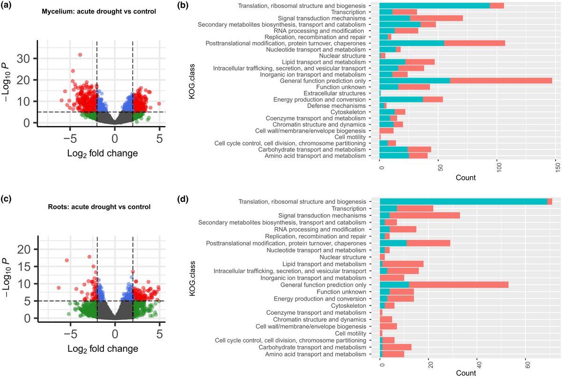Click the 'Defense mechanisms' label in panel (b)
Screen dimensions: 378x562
click(339, 105)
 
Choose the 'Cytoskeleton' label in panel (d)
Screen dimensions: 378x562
click(348, 305)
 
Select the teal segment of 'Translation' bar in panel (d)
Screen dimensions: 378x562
click(463, 201)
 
